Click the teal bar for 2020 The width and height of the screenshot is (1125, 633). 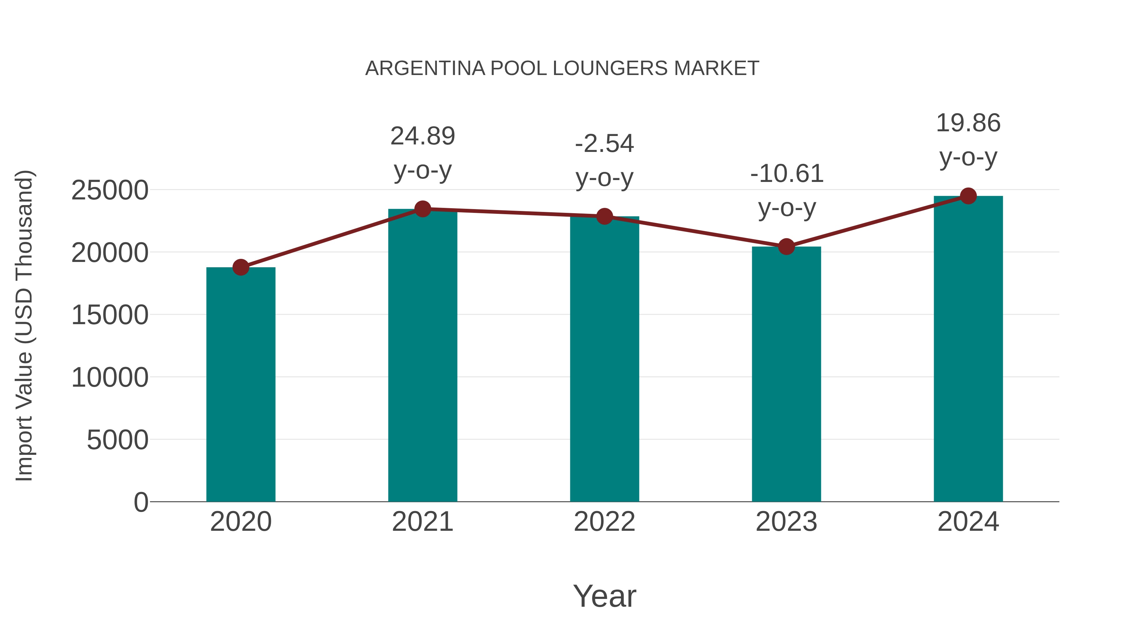click(x=241, y=384)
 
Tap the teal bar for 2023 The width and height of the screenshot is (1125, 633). click(x=786, y=374)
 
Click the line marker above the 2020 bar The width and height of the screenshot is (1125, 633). click(x=241, y=267)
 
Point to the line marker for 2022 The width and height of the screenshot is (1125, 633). click(x=604, y=216)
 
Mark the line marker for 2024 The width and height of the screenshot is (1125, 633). click(x=968, y=196)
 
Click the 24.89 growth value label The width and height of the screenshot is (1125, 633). click(x=422, y=136)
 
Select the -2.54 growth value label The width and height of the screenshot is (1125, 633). click(x=604, y=144)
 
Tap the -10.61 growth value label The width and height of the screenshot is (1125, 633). click(x=787, y=174)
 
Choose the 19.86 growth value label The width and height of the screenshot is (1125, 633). click(x=968, y=123)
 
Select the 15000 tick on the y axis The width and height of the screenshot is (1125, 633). click(x=110, y=315)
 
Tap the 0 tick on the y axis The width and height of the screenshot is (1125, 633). click(x=141, y=502)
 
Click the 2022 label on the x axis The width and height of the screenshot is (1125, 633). click(x=604, y=522)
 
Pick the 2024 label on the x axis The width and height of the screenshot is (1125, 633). click(x=968, y=522)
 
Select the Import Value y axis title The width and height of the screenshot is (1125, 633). click(x=24, y=325)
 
